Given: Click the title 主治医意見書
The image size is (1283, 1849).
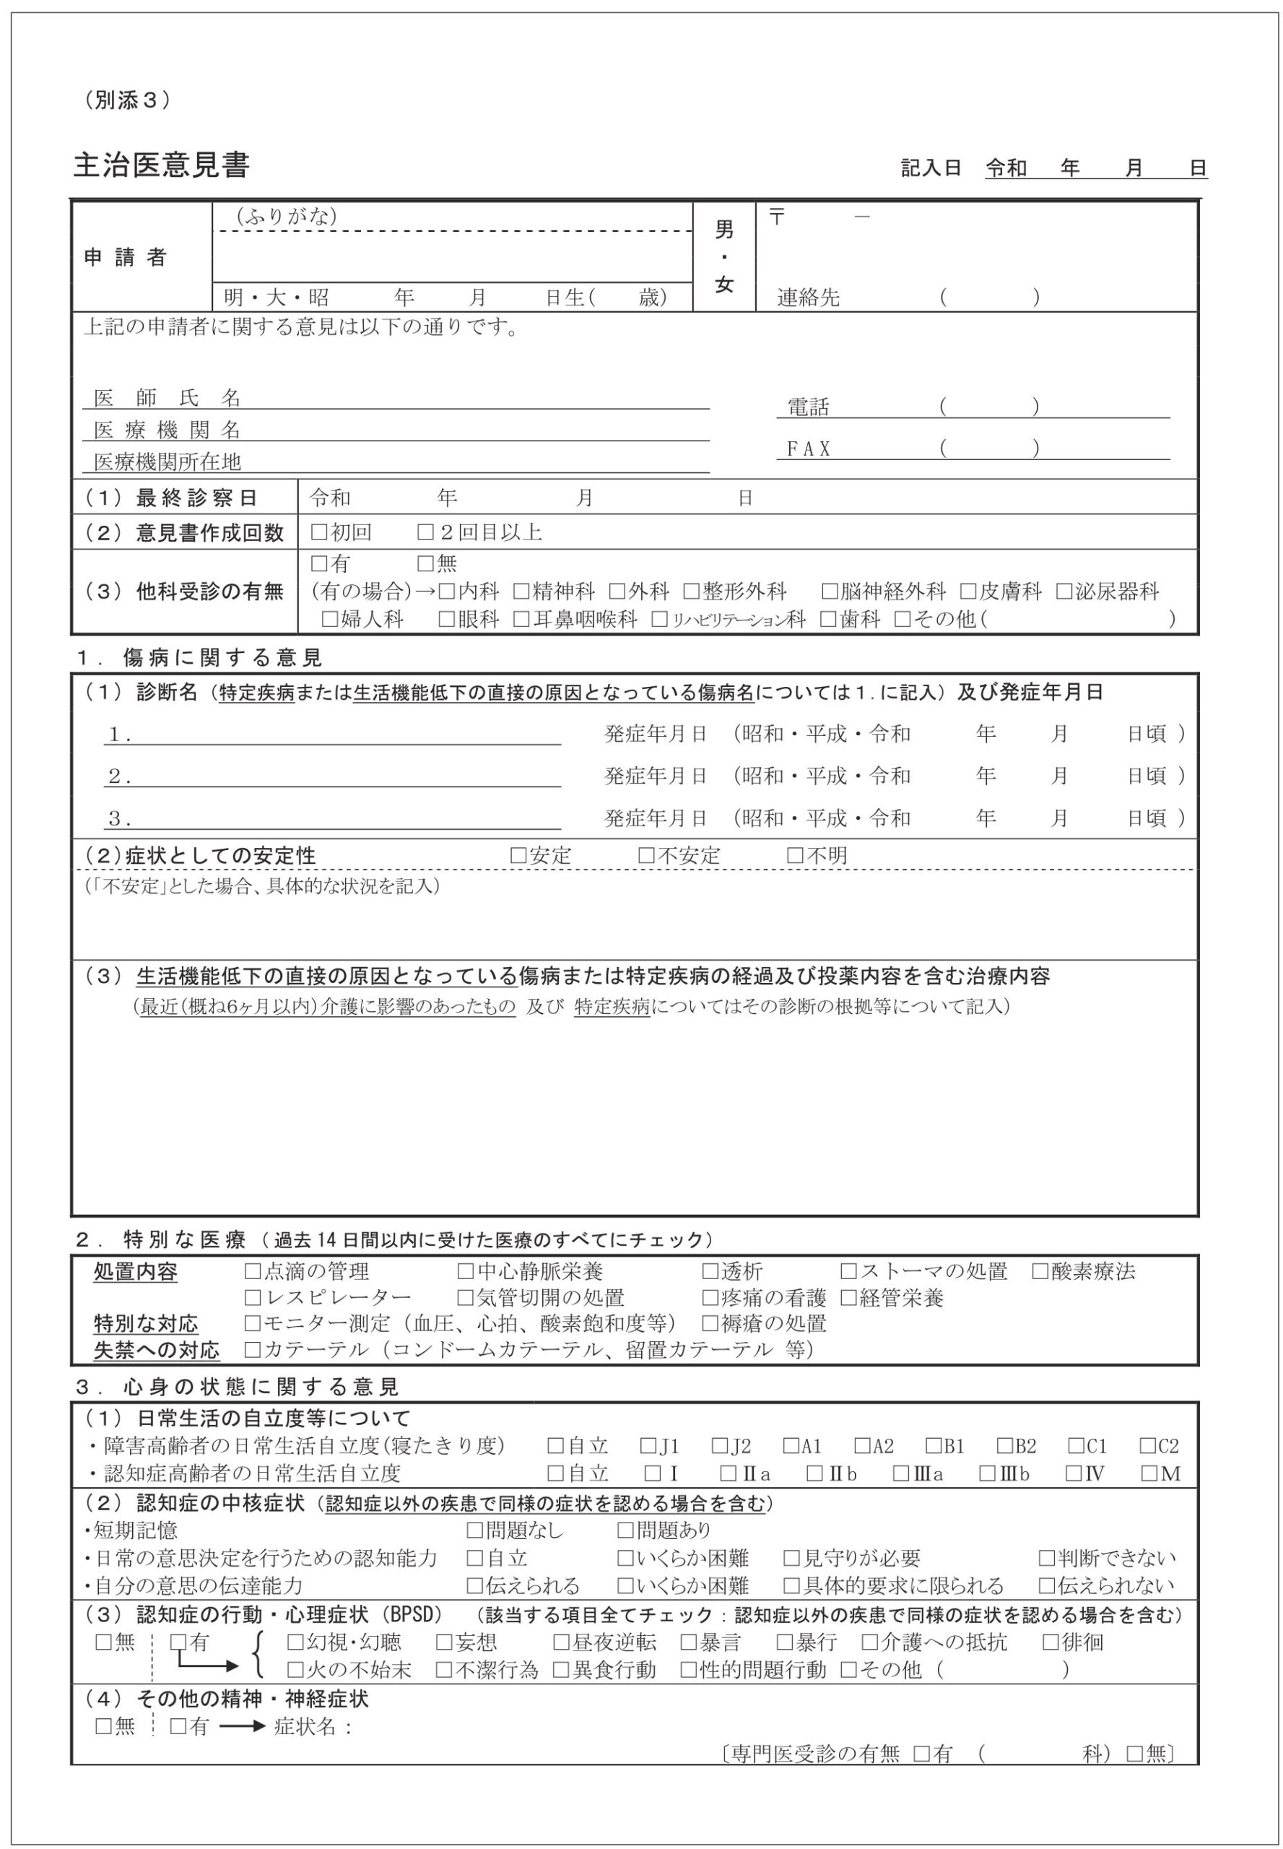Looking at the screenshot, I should click(x=162, y=165).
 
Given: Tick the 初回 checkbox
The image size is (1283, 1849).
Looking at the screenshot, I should click(x=319, y=532).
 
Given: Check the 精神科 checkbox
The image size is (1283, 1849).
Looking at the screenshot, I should click(x=521, y=592).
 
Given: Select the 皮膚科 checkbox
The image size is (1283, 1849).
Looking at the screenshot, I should click(x=968, y=592).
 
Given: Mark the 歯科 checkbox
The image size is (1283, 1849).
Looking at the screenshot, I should click(x=827, y=619).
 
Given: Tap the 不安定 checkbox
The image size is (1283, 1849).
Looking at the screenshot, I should click(x=646, y=856).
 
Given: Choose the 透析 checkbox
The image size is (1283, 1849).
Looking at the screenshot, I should click(x=710, y=1271).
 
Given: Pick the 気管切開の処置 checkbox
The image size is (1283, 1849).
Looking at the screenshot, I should click(x=465, y=1298).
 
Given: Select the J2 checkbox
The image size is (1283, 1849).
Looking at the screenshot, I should click(x=720, y=1446).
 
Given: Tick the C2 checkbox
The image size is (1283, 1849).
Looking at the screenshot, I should click(x=1147, y=1446).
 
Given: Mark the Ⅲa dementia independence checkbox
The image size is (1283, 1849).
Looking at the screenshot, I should click(x=901, y=1473).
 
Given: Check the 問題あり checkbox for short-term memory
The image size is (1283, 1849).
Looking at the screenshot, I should click(x=625, y=1530).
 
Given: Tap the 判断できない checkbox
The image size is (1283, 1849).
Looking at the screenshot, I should click(x=1046, y=1558).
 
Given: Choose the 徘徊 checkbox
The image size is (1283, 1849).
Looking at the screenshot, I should click(x=1051, y=1642).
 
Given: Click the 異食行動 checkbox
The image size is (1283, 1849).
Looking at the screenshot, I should click(x=561, y=1670).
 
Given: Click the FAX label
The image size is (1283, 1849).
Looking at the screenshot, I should click(x=808, y=449).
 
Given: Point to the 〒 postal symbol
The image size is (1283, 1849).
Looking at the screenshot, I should click(x=777, y=217).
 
